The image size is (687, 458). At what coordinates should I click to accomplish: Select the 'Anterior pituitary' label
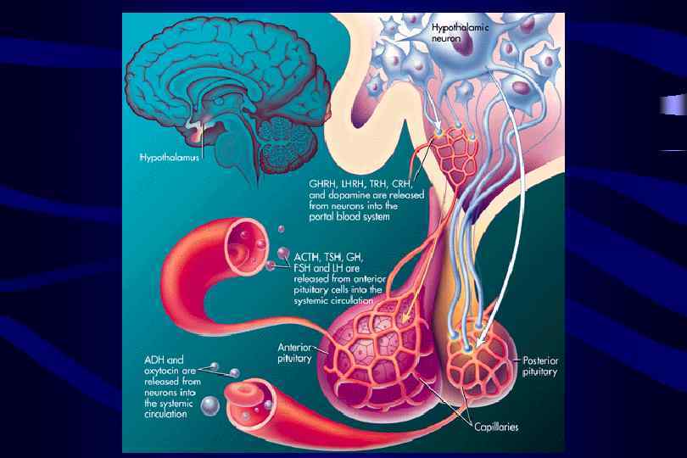pyautogui.click(x=296, y=352)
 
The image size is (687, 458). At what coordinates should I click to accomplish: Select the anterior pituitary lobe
pyautogui.click(x=382, y=348)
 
